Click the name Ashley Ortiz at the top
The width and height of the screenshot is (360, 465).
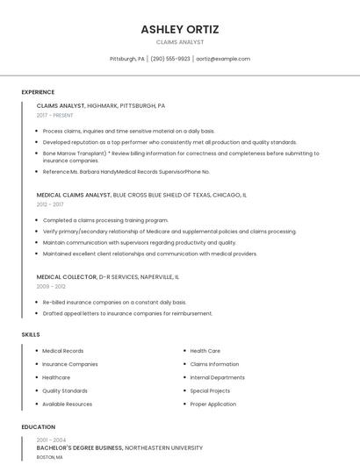click(x=180, y=29)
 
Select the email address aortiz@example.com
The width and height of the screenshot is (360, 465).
click(x=223, y=59)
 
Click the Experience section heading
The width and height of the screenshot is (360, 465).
click(x=38, y=92)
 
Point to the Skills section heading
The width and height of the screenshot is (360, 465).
click(x=31, y=334)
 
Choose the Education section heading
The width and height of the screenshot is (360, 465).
click(x=38, y=427)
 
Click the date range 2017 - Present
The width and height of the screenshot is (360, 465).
click(x=54, y=115)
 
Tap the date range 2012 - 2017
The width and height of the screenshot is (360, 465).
click(x=50, y=204)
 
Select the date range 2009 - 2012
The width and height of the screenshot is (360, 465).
click(x=51, y=286)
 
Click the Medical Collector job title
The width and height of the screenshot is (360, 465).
click(x=66, y=276)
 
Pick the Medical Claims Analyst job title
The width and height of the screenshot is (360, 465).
click(x=74, y=195)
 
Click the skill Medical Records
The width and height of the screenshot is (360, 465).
click(x=63, y=351)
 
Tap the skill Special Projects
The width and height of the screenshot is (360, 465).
click(x=210, y=390)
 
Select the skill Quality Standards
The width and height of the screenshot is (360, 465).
click(x=65, y=390)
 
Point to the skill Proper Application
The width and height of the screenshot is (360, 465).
click(x=212, y=404)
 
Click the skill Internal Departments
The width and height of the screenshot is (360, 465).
click(x=217, y=377)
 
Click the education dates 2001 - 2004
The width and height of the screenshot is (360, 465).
click(x=51, y=440)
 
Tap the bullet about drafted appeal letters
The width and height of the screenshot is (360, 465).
click(x=127, y=313)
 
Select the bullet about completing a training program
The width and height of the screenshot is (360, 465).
click(x=105, y=220)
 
